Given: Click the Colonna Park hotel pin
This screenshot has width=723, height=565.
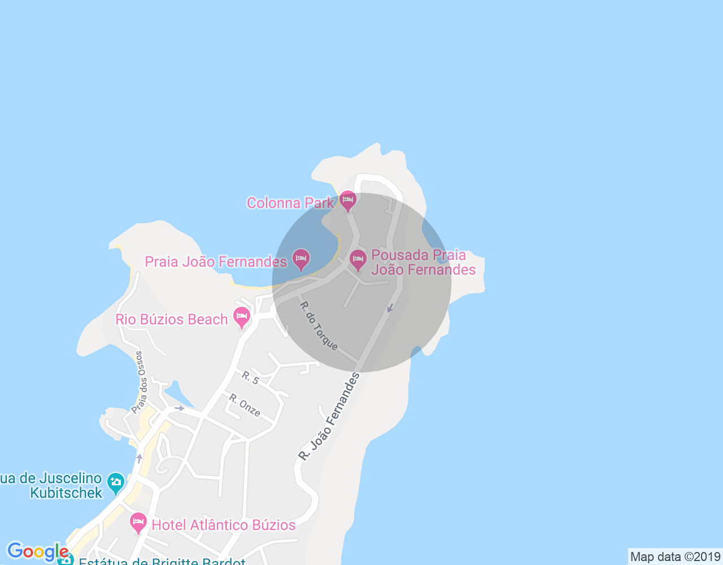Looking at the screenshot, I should click(347, 201).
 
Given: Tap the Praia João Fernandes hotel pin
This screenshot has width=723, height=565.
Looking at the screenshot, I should click(301, 259).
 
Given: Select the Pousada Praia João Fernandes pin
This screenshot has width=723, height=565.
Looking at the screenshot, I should click(358, 260).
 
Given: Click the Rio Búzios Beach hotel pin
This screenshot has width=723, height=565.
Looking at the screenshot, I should click(242, 317).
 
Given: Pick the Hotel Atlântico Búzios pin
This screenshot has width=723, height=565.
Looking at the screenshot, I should click(138, 523).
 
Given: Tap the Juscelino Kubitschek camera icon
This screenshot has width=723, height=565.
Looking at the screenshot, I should click(116, 483).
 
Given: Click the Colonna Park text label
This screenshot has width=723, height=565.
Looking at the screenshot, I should click(290, 203).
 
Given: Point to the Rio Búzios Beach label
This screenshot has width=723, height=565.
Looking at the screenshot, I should click(172, 320).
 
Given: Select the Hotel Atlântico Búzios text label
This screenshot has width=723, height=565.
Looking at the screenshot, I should click(224, 525).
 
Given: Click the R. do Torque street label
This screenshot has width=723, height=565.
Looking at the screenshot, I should click(319, 326).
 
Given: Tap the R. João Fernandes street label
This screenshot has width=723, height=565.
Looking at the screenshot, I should click(329, 416).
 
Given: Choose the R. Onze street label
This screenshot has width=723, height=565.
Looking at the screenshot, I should click(245, 406).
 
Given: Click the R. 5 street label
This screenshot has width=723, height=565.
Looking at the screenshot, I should click(250, 378).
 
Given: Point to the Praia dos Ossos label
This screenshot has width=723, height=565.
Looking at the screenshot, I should click(139, 382).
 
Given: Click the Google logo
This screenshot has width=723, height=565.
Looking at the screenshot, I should click(37, 551).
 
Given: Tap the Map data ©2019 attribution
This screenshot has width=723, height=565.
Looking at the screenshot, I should click(675, 557).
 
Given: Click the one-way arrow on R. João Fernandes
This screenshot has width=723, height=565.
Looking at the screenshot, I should click(390, 308).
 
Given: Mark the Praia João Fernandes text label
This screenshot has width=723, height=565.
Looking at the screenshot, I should click(216, 262).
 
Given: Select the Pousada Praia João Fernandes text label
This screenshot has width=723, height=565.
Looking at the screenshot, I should click(423, 262).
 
